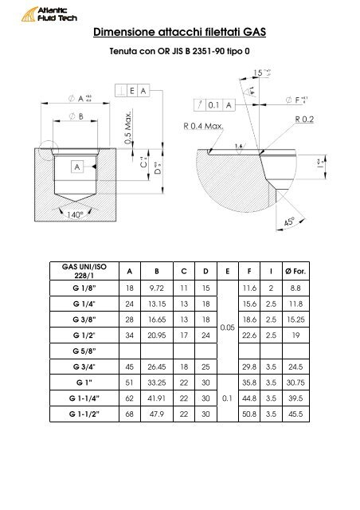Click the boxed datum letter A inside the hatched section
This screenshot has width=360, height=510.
(x=80, y=168)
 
